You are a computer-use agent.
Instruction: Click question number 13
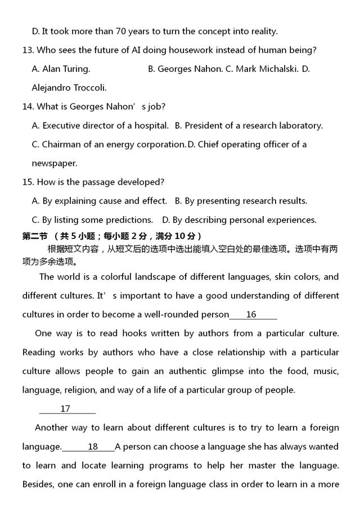point(28,50)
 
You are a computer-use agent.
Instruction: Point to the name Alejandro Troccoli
point(69,88)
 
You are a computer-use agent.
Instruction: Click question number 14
point(28,107)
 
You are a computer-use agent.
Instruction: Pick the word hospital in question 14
point(150,125)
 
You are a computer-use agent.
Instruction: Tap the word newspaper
point(55,163)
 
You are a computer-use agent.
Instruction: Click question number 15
point(28,182)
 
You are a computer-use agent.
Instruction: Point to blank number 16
point(251,315)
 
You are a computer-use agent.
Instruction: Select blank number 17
point(66,409)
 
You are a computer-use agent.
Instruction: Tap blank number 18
point(92,447)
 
